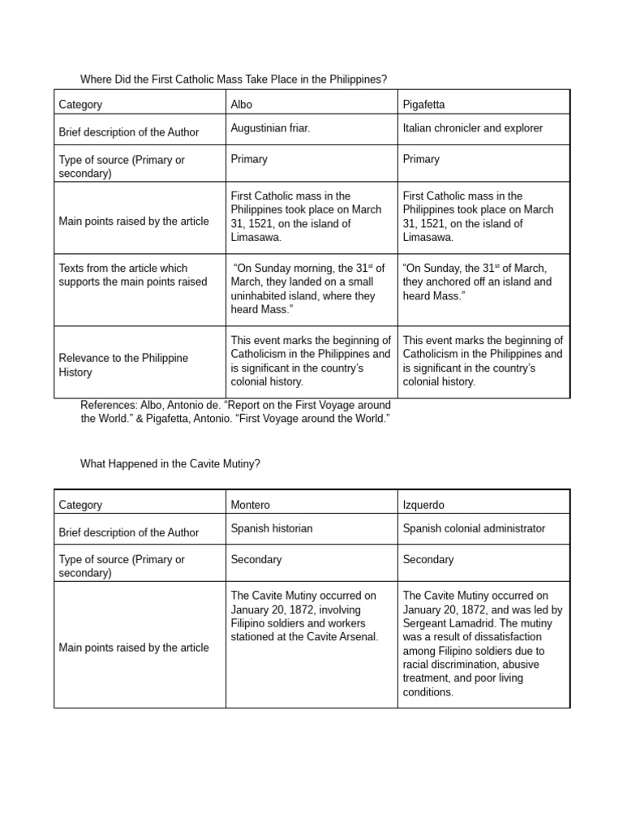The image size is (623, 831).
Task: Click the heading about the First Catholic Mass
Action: click(x=234, y=80)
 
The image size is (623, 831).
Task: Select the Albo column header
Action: click(x=242, y=105)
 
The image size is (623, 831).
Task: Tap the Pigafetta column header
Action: click(x=423, y=105)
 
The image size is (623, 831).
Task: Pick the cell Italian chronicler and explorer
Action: click(x=472, y=128)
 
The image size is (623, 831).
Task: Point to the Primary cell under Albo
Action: click(x=249, y=159)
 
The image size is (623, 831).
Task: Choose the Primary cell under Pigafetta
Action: click(x=421, y=159)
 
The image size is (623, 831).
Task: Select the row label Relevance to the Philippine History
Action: click(x=122, y=365)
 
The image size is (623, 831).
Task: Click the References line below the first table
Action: click(x=235, y=411)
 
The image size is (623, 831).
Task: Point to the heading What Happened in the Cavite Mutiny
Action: click(x=170, y=463)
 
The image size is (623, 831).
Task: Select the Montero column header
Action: click(x=251, y=505)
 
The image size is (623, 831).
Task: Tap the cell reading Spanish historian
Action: click(x=271, y=528)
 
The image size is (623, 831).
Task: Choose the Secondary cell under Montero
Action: click(x=256, y=559)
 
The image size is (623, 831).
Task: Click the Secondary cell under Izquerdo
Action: click(x=428, y=559)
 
